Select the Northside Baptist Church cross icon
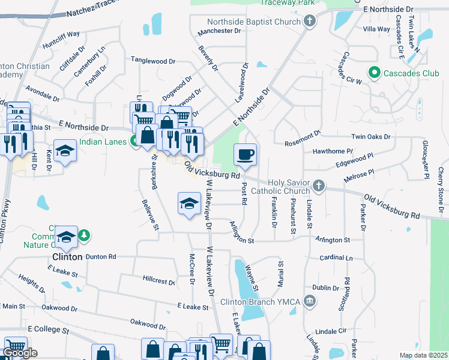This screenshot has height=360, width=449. point(310,23)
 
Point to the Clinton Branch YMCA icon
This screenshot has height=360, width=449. point(310,301)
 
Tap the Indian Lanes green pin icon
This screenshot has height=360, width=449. point(137,142)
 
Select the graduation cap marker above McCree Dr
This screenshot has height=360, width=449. point(189,203)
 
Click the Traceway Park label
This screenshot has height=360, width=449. point(280,3)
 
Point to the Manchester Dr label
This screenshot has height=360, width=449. point(218,31)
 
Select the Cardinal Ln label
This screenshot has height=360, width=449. point(336,258)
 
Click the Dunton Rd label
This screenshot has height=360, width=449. point(100,256)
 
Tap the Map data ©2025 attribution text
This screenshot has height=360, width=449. point(423,355)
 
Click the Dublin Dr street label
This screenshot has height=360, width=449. point(326,288)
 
